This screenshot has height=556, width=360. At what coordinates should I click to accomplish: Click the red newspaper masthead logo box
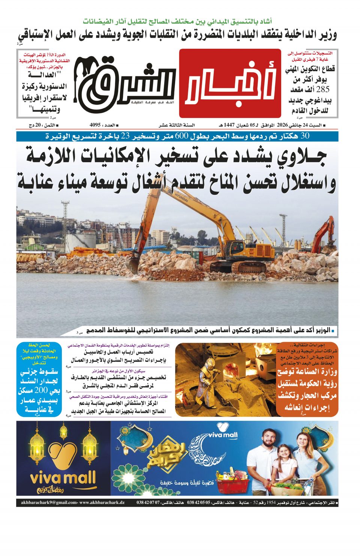[230, 83]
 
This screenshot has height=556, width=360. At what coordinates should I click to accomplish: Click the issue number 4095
[96, 125]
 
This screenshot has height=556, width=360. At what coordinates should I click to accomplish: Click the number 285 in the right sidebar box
[322, 90]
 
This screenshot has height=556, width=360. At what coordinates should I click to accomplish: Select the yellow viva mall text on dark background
[63, 478]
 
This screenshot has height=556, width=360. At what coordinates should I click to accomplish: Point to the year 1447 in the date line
[229, 125]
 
